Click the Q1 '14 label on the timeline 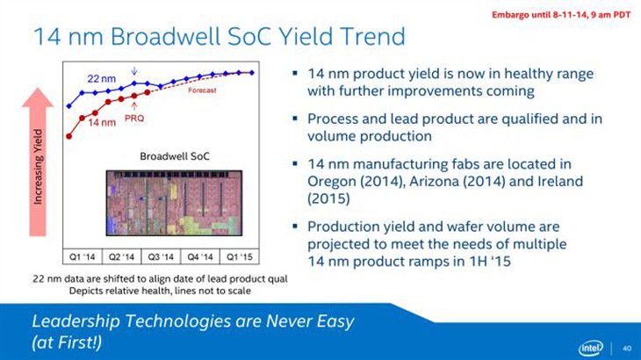pos(83,257)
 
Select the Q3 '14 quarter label pos(161,257)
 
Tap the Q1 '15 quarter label pos(240,257)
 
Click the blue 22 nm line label pos(101,78)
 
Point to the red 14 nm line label pos(102,122)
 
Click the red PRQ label pos(134,119)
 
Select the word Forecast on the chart pos(202,90)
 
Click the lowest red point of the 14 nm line pos(69,136)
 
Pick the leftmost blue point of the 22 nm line pos(69,106)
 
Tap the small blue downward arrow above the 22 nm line pos(134,71)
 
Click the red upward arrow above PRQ pos(134,106)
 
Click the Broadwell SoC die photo pos(174,203)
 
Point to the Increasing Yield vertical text pos(38,166)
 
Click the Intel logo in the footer pos(590,349)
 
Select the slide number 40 pos(627,349)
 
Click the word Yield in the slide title pos(303,36)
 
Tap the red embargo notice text pos(561,15)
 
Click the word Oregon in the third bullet pos(332,182)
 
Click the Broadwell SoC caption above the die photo pos(175,156)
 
